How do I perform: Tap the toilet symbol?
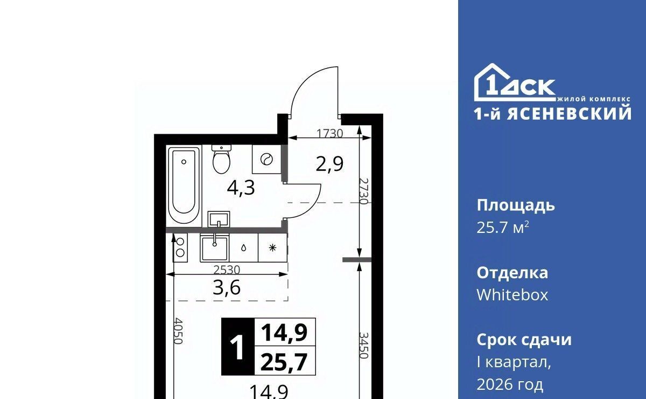[221, 159]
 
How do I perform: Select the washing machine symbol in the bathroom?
[266, 159]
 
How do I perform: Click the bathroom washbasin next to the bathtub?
[219, 219]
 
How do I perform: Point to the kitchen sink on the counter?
[215, 247]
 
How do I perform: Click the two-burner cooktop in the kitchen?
[180, 247]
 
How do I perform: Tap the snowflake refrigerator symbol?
[272, 248]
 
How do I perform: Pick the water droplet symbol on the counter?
[244, 248]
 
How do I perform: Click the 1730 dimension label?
[330, 134]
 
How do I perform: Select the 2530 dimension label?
[227, 270]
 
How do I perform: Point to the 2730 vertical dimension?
[364, 191]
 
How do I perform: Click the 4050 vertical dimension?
[178, 331]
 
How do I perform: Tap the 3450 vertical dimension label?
[364, 345]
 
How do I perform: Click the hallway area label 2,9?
[329, 164]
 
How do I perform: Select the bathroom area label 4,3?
[241, 188]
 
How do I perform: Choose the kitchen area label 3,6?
[227, 288]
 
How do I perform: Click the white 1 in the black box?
[237, 348]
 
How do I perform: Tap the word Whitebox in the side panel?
[512, 295]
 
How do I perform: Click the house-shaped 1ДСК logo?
[515, 82]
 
